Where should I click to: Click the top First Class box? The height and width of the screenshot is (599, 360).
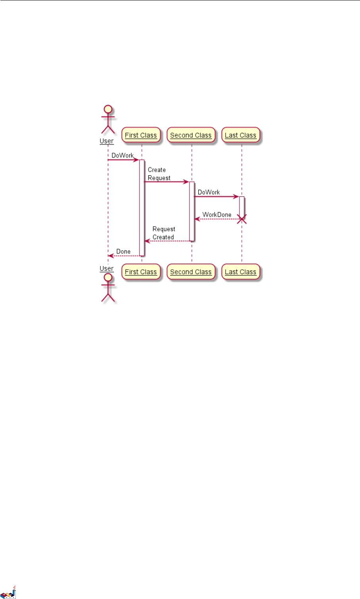point(141,135)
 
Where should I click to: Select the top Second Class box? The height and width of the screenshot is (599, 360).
point(191,135)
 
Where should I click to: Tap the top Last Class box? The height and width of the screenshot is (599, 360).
point(240,135)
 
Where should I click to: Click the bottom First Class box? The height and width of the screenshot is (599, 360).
point(141,272)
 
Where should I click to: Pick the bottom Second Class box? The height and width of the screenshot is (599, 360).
point(191,272)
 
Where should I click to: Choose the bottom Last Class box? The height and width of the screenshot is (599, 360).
point(240,272)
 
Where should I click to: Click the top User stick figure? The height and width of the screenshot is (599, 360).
point(107,119)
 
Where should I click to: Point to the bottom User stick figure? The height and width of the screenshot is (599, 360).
point(107,288)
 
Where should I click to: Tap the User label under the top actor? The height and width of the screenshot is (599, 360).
point(107,141)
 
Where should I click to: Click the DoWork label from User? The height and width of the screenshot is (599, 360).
point(122,156)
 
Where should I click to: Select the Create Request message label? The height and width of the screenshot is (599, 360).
point(159,174)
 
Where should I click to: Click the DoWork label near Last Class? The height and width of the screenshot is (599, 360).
point(209,192)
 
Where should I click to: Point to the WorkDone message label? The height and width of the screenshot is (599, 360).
point(217,215)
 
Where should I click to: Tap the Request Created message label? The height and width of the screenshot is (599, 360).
point(163,233)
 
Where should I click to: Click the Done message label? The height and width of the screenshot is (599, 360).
point(123,252)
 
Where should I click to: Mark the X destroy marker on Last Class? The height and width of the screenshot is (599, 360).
point(241,219)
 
